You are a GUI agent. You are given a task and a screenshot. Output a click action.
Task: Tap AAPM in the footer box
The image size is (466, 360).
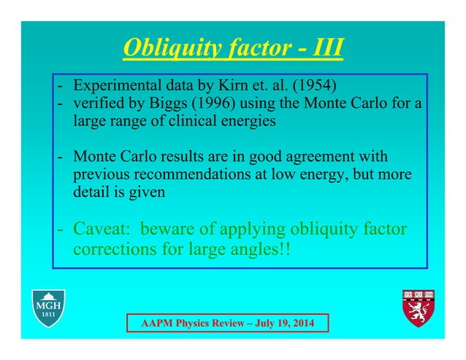(153, 322)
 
